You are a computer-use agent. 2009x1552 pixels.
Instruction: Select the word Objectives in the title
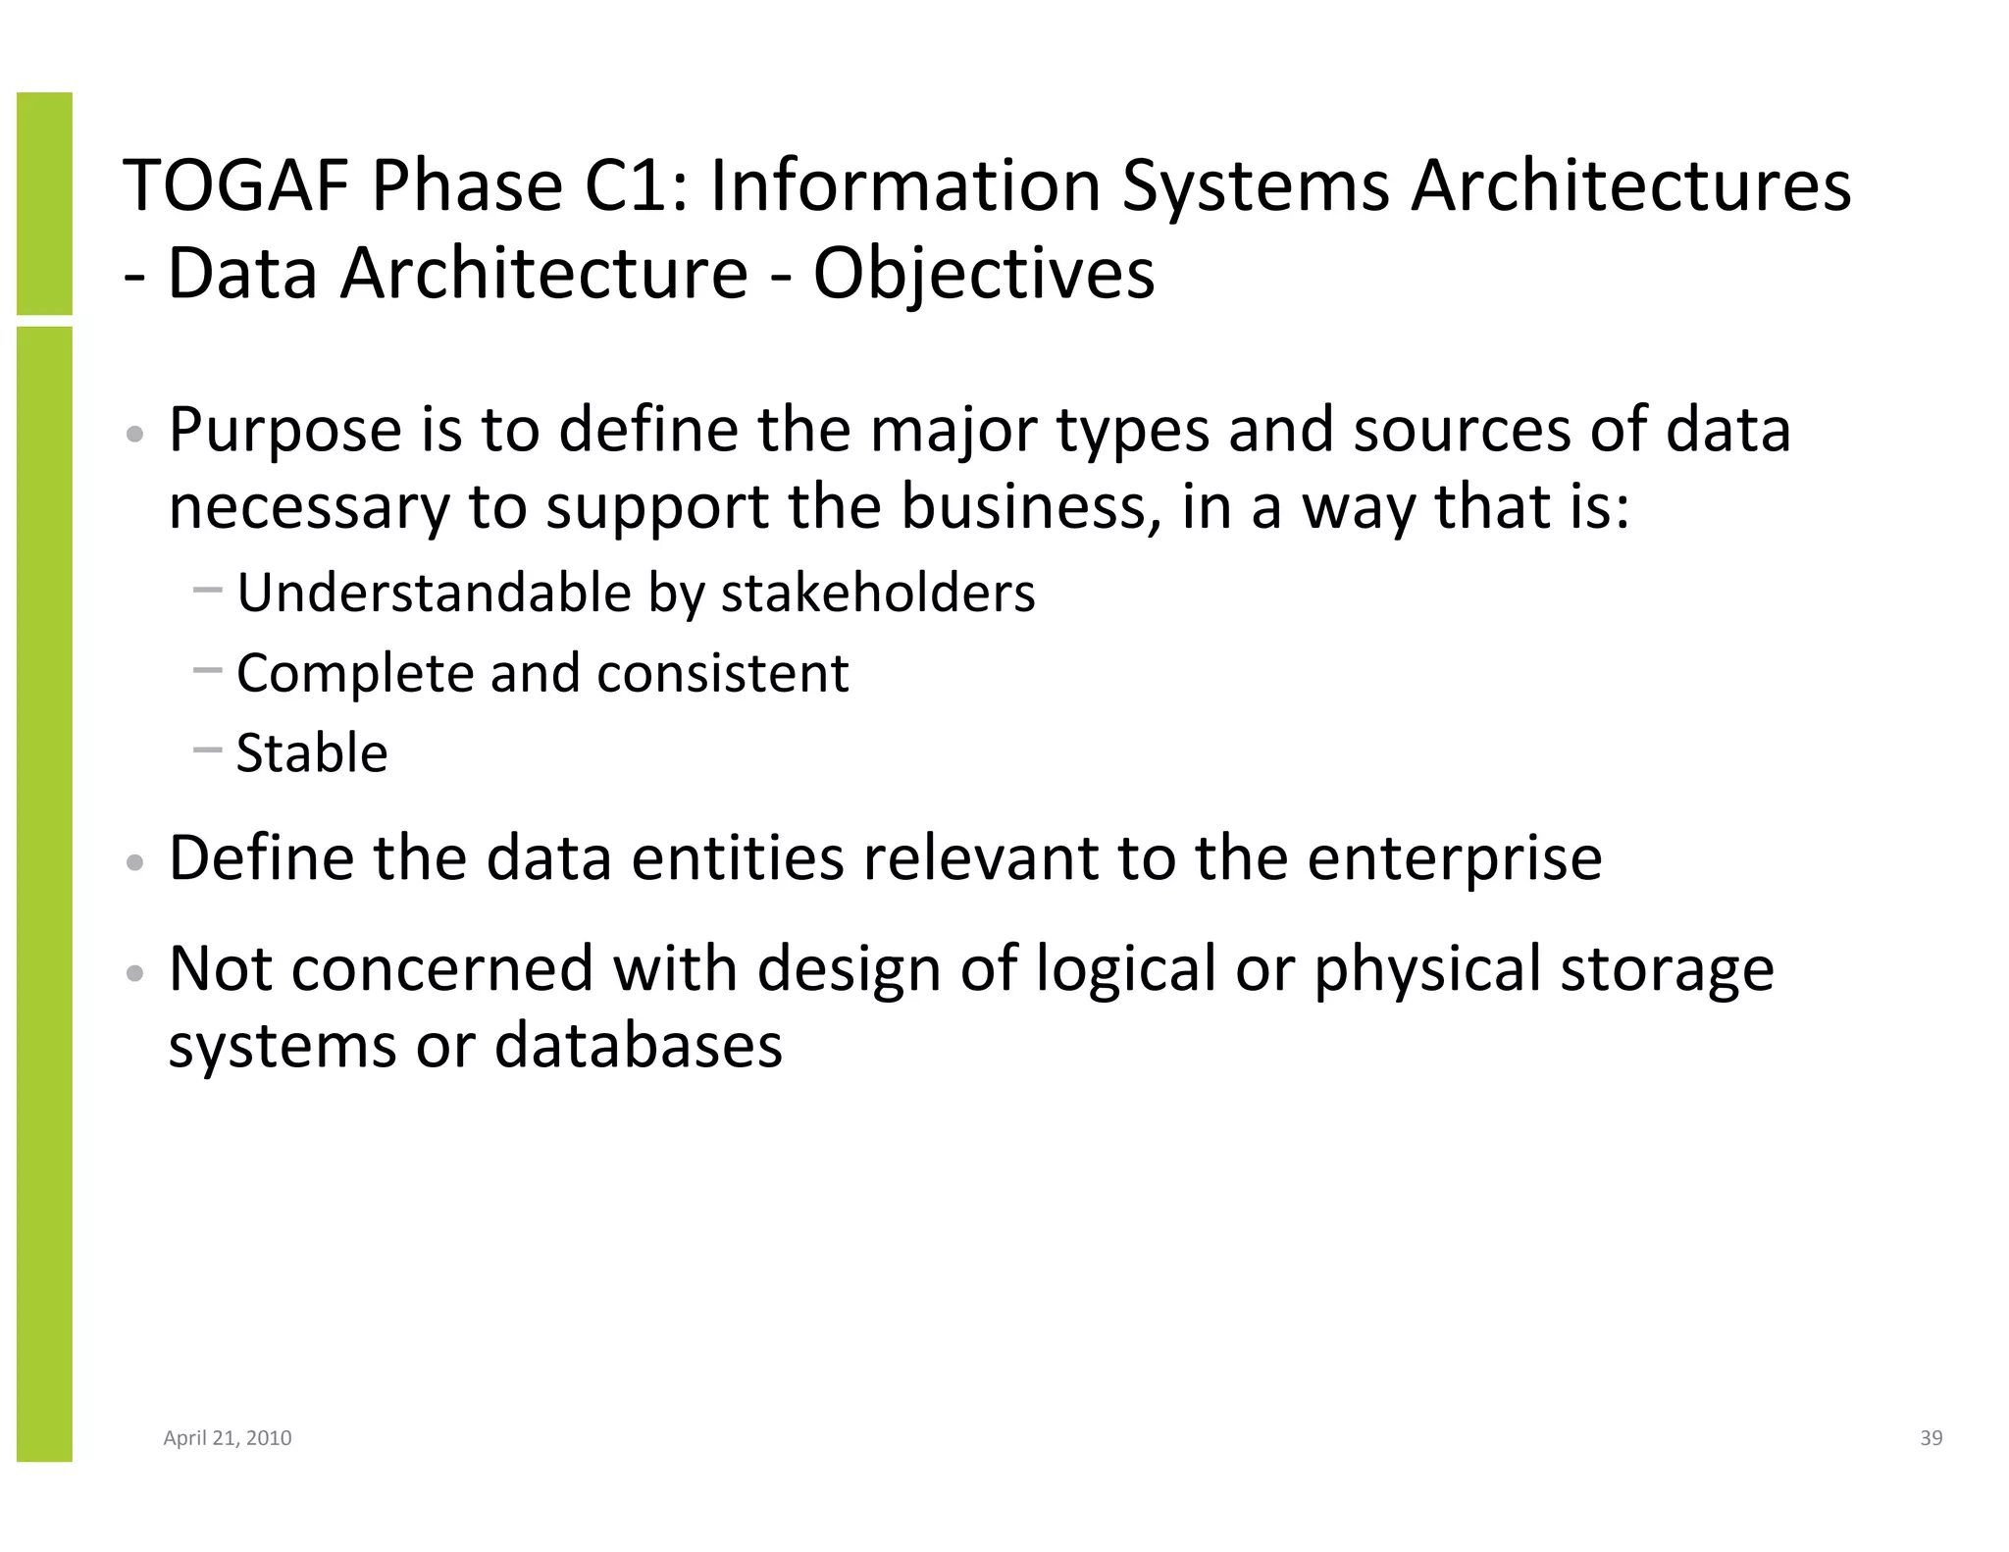click(x=983, y=275)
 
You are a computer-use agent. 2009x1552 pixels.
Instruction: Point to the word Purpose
click(x=285, y=430)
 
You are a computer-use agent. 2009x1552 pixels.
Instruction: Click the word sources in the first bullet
click(x=1462, y=430)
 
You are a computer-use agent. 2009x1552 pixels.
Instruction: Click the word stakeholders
click(x=877, y=593)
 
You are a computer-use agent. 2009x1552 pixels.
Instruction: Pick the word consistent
click(x=722, y=673)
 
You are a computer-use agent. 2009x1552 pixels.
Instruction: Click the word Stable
click(x=312, y=753)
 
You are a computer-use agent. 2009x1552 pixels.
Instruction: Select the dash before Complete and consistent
click(x=208, y=671)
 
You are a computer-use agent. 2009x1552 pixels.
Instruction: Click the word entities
click(x=738, y=857)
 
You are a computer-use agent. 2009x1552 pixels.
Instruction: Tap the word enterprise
click(x=1454, y=857)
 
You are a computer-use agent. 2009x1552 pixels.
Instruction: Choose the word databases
click(x=638, y=1045)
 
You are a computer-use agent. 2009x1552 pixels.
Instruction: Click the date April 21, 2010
click(x=227, y=1438)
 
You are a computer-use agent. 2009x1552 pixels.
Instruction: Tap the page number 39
click(x=1931, y=1438)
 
